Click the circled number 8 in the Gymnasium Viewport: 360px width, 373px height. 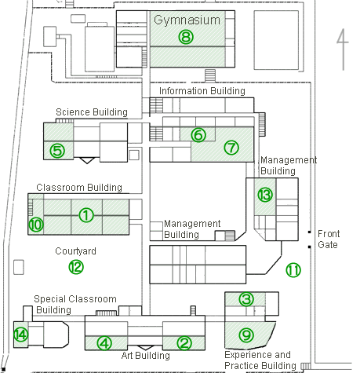click(x=186, y=37)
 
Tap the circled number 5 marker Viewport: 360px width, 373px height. click(x=57, y=151)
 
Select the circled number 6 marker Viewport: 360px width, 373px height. click(x=198, y=135)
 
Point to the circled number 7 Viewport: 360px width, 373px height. click(x=231, y=148)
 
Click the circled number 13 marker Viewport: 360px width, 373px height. click(x=265, y=195)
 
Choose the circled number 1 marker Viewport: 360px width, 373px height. click(x=86, y=215)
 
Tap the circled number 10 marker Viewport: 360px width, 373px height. click(x=36, y=225)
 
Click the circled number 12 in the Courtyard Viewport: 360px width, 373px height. click(x=76, y=267)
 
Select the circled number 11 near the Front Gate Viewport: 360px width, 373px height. click(x=293, y=270)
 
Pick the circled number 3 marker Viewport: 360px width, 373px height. click(x=246, y=299)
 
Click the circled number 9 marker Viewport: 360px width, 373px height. click(x=246, y=335)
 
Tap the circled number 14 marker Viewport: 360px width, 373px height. click(x=21, y=335)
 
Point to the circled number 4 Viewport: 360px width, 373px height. click(x=104, y=343)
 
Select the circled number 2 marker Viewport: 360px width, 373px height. click(x=184, y=343)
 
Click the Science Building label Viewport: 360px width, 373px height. click(x=92, y=112)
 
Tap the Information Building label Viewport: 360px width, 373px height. click(x=202, y=91)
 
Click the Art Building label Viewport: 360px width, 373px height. click(x=146, y=356)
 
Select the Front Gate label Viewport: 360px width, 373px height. click(x=329, y=240)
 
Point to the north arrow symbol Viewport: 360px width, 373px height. click(x=343, y=49)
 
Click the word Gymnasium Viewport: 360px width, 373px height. click(x=187, y=20)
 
